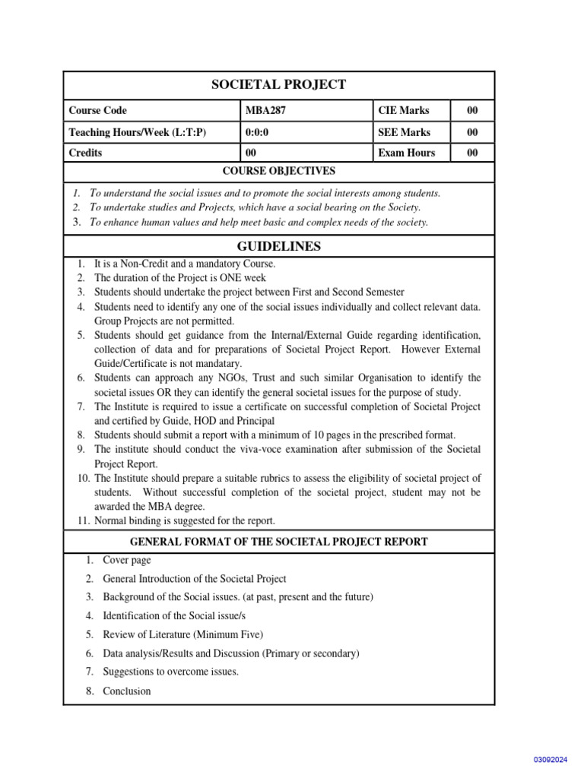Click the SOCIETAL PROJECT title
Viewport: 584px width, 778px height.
pos(278,84)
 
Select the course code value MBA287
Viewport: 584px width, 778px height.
pos(265,111)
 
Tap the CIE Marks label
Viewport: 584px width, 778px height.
pos(403,111)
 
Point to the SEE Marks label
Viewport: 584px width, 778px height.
pos(404,132)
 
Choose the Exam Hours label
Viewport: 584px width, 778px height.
pos(406,153)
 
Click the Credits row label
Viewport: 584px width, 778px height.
pos(85,153)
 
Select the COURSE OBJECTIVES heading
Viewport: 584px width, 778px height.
pos(278,172)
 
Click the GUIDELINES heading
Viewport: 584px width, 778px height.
pos(278,246)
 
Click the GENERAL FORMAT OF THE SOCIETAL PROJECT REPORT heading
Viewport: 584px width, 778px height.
pos(278,542)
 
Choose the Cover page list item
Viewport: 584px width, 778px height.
pos(127,560)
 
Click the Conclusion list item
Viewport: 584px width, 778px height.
pos(127,691)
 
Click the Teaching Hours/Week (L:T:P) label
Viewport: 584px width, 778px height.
pos(137,132)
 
